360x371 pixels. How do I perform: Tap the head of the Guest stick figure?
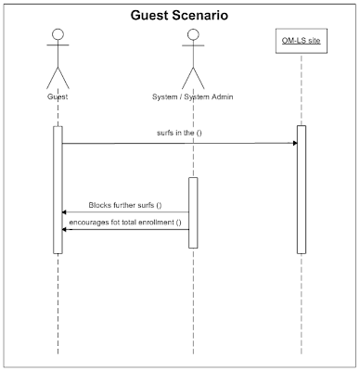click(x=58, y=36)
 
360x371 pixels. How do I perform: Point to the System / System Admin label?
click(x=193, y=96)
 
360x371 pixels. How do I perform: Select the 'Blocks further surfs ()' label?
click(x=125, y=204)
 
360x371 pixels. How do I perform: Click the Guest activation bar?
click(x=58, y=189)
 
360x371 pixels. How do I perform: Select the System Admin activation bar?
click(x=194, y=212)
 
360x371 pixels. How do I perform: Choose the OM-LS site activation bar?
click(x=302, y=189)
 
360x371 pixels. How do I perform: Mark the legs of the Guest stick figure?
click(x=58, y=75)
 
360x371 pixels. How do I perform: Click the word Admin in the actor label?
click(x=219, y=96)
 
